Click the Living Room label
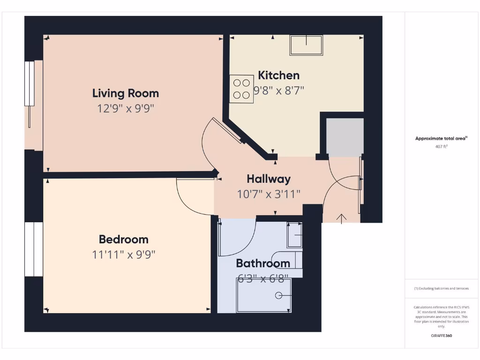click(x=125, y=93)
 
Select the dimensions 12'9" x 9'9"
click(x=125, y=109)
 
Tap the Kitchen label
click(x=278, y=75)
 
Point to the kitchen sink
click(x=306, y=45)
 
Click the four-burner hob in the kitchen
click(x=241, y=89)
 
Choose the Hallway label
click(x=269, y=179)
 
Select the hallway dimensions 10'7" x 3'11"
click(x=269, y=194)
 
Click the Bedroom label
click(x=123, y=240)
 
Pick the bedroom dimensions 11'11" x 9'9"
click(x=123, y=255)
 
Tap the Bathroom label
click(x=262, y=263)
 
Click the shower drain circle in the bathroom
click(x=278, y=295)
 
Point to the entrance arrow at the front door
click(x=341, y=218)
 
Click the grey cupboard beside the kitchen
click(x=345, y=137)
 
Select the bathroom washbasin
click(x=294, y=234)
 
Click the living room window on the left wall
click(x=30, y=94)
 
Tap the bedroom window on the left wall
click(x=33, y=249)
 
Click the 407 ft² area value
click(x=441, y=146)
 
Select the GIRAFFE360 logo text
click(x=441, y=336)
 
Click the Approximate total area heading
click(x=441, y=138)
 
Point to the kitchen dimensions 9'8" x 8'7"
click(x=279, y=90)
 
